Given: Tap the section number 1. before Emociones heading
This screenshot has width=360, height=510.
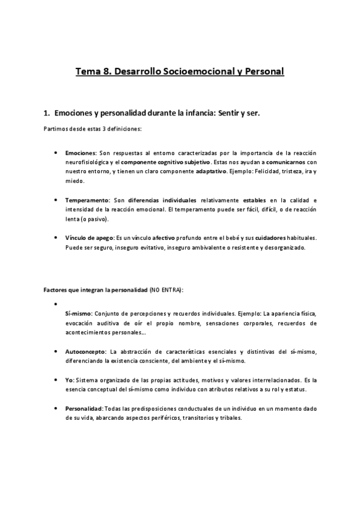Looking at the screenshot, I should coord(47,112).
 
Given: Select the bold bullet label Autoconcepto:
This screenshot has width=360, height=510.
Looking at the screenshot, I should coord(86,351).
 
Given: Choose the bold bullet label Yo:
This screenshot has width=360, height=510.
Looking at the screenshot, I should coord(70,381).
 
